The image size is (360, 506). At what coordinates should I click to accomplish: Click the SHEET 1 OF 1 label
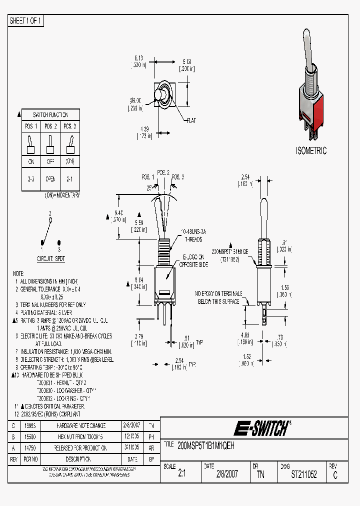pos(26,21)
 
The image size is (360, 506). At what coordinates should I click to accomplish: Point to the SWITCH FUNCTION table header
pos(50,114)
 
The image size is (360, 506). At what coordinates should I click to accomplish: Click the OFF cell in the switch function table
pos(50,161)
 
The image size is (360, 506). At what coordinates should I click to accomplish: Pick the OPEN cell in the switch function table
pos(50,179)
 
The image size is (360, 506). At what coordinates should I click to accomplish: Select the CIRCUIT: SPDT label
pos(51,259)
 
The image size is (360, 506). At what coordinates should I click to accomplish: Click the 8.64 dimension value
pos(139,280)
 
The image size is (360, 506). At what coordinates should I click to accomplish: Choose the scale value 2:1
pos(182,475)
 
